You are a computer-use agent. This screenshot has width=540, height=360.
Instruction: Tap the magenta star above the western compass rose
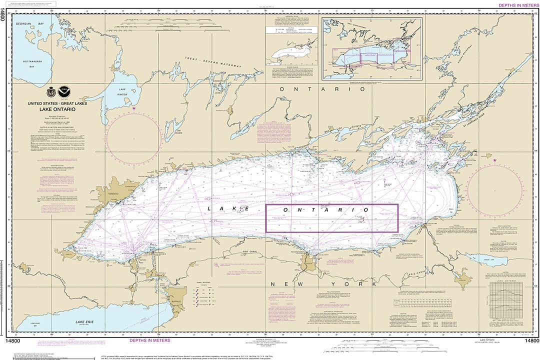click(134, 107)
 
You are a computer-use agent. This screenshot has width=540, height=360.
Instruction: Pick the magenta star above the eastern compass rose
click(495, 160)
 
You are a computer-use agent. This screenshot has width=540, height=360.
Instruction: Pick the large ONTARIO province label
click(322, 88)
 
